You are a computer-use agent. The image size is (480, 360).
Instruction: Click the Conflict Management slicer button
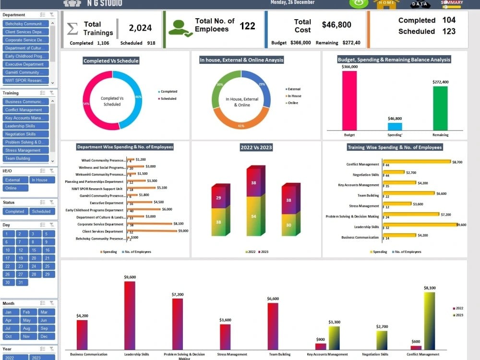25,110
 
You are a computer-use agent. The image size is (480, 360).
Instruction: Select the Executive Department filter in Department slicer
25,64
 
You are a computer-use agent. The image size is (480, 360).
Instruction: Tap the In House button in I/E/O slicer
42,180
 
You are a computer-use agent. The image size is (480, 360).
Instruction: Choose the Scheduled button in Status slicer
42,211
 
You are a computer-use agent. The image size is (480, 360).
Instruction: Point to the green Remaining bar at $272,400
440,108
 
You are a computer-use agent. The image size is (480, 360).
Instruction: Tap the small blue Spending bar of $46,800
395,126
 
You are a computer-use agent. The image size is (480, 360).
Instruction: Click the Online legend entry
293,103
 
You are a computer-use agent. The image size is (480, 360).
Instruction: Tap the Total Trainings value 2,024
140,28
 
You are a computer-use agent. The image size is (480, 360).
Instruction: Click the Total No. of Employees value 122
247,26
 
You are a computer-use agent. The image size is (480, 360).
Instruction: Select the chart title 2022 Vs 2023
256,147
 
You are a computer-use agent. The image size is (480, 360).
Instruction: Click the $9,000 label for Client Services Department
183,231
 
